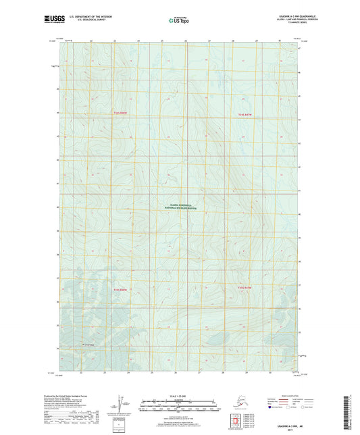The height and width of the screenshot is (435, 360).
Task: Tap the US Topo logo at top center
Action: coord(178,21)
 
